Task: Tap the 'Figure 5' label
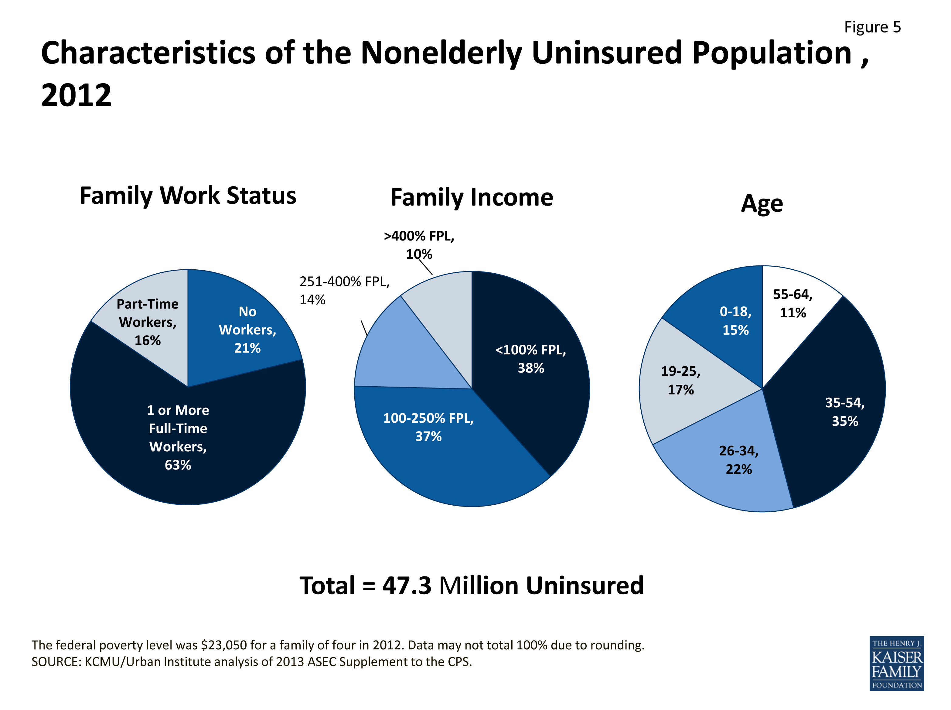point(872,27)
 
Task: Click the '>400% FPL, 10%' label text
point(419,245)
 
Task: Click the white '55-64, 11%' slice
point(793,303)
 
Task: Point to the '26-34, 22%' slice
point(739,460)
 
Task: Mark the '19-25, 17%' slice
point(681,380)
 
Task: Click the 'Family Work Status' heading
point(188,196)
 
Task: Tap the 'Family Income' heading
point(472,198)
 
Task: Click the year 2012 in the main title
point(76,95)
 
